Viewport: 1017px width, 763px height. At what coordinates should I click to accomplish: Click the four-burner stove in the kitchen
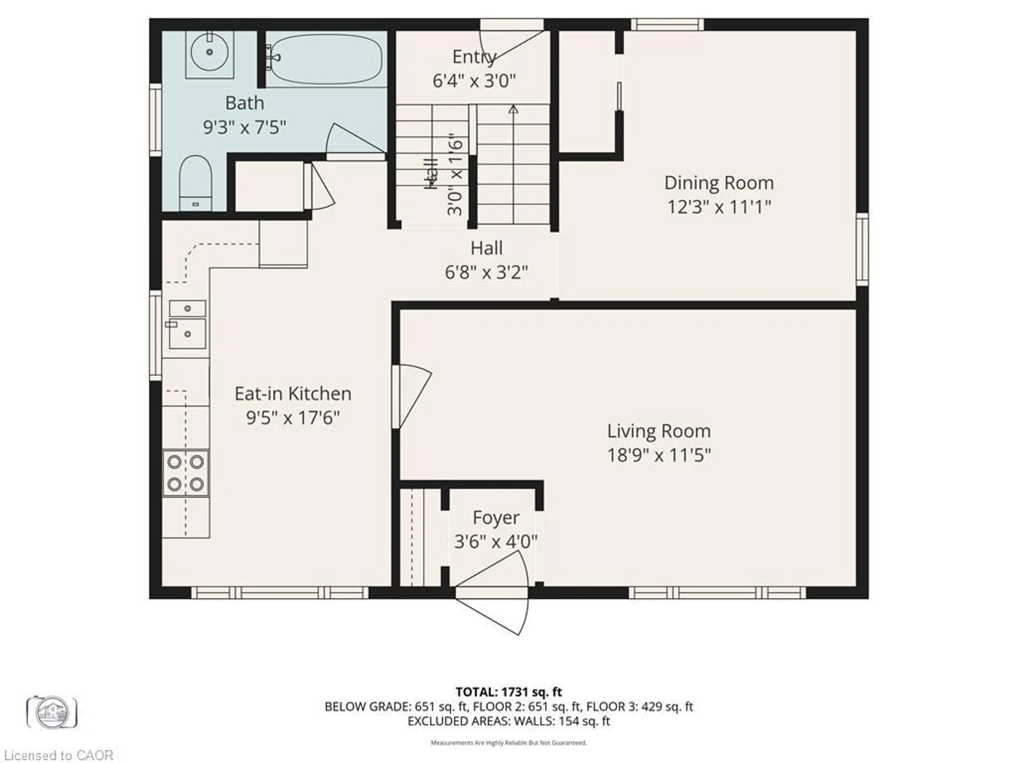[186, 473]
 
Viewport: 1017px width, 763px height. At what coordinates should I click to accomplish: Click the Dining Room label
[719, 183]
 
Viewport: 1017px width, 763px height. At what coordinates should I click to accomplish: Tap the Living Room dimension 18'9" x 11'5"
[659, 455]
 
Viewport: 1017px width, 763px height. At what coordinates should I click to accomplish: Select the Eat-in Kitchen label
[293, 394]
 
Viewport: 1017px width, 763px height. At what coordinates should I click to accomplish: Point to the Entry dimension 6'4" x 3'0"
[474, 81]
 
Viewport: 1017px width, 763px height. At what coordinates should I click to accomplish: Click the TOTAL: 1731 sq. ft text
[508, 692]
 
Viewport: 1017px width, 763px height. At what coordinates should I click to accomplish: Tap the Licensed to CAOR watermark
[58, 755]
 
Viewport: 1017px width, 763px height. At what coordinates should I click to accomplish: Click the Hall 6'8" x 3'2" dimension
[486, 273]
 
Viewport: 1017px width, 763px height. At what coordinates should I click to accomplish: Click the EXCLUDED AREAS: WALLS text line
[508, 721]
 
